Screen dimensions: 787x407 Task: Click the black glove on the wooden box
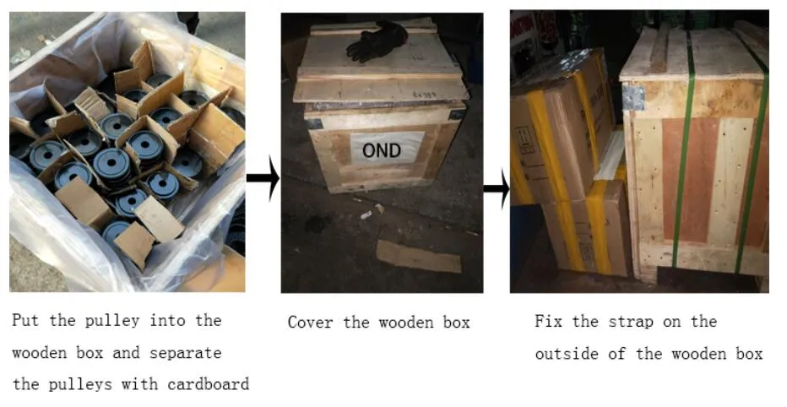(377, 41)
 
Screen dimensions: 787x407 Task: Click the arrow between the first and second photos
(263, 178)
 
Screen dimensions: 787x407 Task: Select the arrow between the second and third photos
(497, 188)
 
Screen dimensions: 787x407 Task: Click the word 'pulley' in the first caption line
(112, 321)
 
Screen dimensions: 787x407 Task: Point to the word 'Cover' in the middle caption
(310, 323)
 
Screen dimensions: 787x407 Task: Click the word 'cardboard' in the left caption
(209, 384)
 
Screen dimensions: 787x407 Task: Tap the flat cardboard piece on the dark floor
(419, 257)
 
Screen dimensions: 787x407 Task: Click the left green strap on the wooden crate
(684, 150)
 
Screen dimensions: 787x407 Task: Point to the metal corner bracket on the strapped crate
(633, 97)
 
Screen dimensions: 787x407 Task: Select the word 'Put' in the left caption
(25, 320)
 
